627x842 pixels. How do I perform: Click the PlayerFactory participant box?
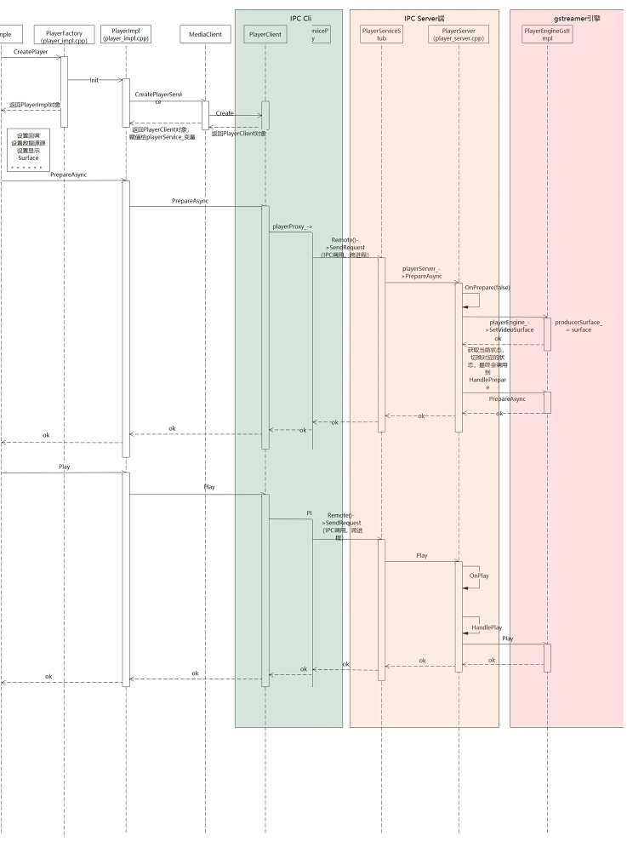point(64,35)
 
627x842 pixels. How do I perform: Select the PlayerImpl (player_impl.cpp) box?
point(126,35)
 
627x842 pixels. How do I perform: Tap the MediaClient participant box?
point(205,35)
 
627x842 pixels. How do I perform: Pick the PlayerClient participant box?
point(265,35)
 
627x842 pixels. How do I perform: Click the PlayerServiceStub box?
point(381,35)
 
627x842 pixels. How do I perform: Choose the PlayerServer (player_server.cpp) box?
point(459,35)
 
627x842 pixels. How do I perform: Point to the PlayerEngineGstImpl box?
point(547,35)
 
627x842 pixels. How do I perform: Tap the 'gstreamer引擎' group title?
point(578,17)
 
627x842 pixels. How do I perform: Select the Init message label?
point(94,80)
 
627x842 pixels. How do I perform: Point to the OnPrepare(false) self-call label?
point(487,288)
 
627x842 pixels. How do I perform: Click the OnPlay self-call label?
point(479,576)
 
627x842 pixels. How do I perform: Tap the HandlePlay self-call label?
point(487,627)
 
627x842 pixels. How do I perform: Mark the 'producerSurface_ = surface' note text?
point(579,326)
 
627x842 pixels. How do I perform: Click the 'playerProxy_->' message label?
point(292,227)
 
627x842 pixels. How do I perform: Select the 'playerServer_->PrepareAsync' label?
point(421,272)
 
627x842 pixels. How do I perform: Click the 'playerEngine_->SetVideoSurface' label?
point(510,326)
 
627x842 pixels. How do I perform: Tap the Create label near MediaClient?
point(225,112)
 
